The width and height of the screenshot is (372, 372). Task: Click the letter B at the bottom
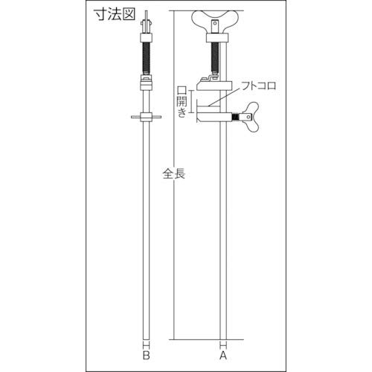click(147, 355)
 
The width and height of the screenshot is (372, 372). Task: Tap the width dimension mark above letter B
click(147, 343)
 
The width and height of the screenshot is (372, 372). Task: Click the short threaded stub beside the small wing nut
click(237, 118)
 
